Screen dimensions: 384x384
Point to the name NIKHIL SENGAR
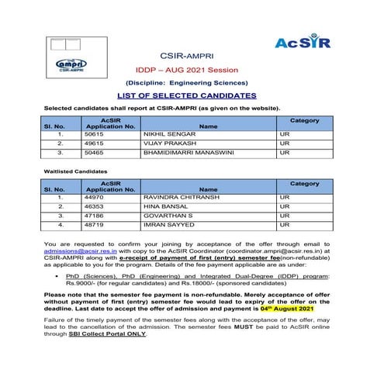pos(169,133)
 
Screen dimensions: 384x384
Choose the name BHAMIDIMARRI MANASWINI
pos(187,153)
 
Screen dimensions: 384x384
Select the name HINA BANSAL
pos(165,206)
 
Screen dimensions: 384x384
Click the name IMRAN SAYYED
pos(168,225)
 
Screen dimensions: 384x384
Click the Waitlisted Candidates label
pos(77,170)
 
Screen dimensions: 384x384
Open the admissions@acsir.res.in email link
pos(81,252)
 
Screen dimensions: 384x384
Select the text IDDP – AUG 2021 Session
pos(191,69)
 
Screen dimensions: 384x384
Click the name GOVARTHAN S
pos(168,216)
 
